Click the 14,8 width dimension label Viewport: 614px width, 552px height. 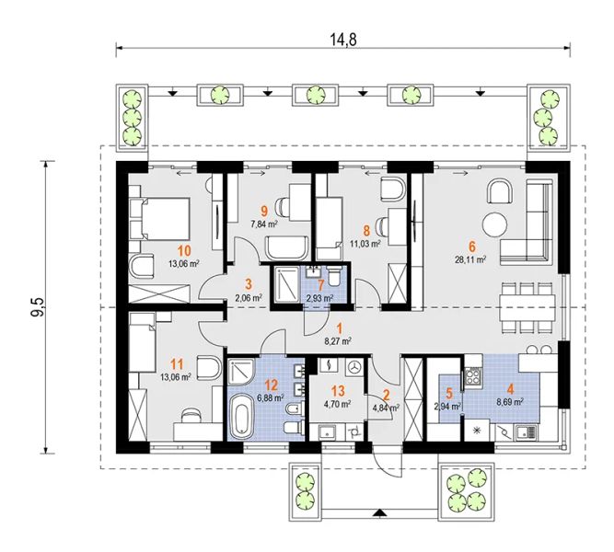(x=344, y=40)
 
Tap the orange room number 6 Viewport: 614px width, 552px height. (x=472, y=247)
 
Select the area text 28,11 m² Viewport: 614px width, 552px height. (x=470, y=259)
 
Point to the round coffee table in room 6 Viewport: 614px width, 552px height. (x=495, y=224)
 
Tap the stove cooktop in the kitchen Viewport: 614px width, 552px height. (x=473, y=376)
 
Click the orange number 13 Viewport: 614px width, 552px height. (x=338, y=391)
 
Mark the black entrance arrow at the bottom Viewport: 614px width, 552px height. (x=377, y=512)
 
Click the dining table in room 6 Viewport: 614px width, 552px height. (x=527, y=307)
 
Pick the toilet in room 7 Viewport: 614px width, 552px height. (x=334, y=276)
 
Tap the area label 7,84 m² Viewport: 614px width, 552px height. (x=264, y=224)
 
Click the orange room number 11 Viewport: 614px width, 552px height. (x=178, y=365)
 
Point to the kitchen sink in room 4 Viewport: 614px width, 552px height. (x=526, y=431)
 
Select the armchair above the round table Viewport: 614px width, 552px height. (x=500, y=192)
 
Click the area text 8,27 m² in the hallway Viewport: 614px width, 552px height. (x=338, y=341)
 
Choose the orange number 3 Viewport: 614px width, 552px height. (x=249, y=283)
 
